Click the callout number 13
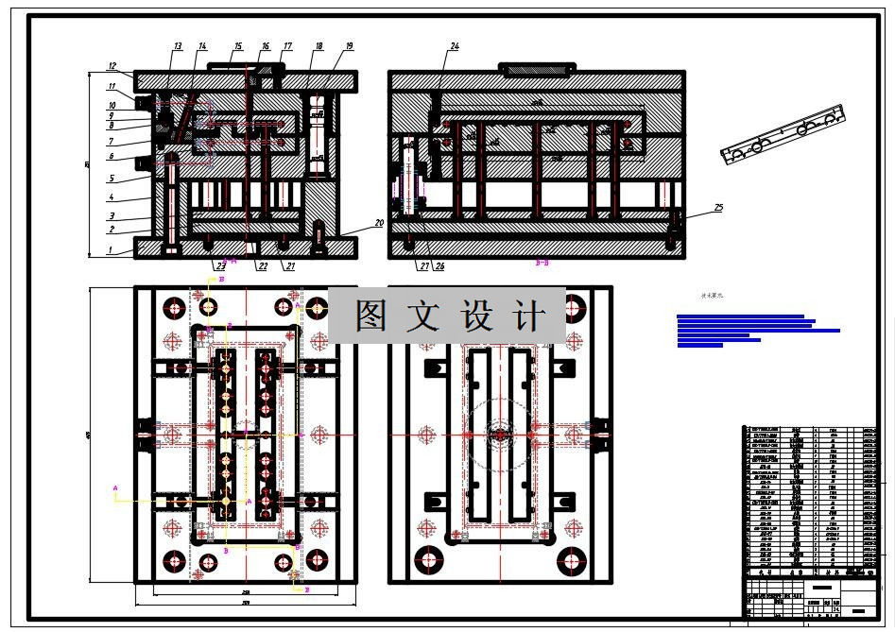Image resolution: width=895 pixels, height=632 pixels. pyautogui.click(x=177, y=46)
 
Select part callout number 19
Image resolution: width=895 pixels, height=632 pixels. pyautogui.click(x=349, y=46)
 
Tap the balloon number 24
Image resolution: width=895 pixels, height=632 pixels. pyautogui.click(x=455, y=46)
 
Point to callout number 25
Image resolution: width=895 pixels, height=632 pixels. pyautogui.click(x=718, y=206)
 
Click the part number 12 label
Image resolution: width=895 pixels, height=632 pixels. pyautogui.click(x=112, y=66)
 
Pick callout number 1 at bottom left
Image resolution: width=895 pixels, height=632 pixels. pyautogui.click(x=112, y=249)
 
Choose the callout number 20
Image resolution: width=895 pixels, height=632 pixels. pyautogui.click(x=379, y=223)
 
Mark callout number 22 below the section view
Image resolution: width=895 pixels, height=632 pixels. pyautogui.click(x=263, y=266)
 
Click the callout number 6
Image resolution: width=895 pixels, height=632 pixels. pyautogui.click(x=112, y=157)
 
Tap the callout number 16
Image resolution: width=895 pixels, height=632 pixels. pyautogui.click(x=266, y=46)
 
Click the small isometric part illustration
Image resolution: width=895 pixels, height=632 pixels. pyautogui.click(x=781, y=139)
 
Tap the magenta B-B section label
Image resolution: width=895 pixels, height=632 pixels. pyautogui.click(x=542, y=264)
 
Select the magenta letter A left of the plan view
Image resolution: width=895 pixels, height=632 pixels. pyautogui.click(x=115, y=488)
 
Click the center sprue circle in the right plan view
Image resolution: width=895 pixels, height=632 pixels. pyautogui.click(x=498, y=435)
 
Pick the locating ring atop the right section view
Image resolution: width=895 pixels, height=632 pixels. pyautogui.click(x=536, y=68)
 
